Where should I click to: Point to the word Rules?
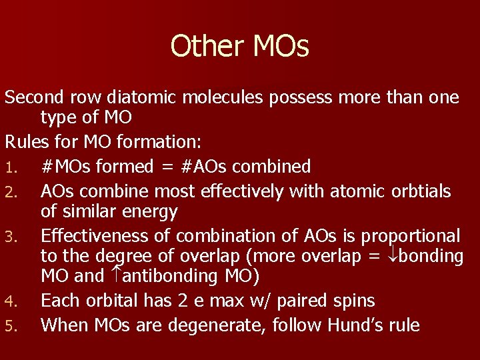coord(25,143)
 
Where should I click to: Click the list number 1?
coord(9,167)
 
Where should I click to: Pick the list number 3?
coord(10,237)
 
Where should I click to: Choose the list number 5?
coord(10,326)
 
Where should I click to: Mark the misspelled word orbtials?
coord(419,191)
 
